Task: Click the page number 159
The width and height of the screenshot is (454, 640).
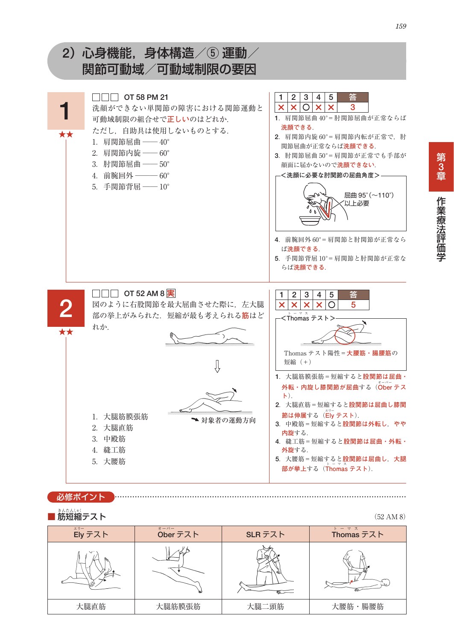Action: [x=401, y=26]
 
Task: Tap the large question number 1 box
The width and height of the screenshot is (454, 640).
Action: [x=66, y=111]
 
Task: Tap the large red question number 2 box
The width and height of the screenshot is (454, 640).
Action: [x=66, y=308]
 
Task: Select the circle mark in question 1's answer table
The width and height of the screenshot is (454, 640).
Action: [x=306, y=108]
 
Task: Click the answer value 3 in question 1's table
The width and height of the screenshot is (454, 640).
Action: [x=353, y=108]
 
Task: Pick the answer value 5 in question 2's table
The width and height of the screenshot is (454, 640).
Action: [x=353, y=305]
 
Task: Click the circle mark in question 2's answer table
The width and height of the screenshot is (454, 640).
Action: [x=331, y=305]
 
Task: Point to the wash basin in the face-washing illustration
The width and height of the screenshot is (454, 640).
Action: [x=310, y=220]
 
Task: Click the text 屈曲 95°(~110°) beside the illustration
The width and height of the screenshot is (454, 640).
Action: [x=369, y=195]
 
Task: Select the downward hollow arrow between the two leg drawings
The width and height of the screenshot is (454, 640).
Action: [x=217, y=366]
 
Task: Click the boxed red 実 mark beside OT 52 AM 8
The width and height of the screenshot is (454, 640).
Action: [x=171, y=294]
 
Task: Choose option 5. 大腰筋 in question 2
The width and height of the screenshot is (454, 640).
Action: [x=109, y=462]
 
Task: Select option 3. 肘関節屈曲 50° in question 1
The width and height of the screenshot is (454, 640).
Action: [x=131, y=164]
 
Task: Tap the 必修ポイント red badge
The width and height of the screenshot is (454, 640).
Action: [x=81, y=497]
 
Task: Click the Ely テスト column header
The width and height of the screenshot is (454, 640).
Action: [x=91, y=535]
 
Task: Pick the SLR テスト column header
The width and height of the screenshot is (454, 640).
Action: [x=265, y=535]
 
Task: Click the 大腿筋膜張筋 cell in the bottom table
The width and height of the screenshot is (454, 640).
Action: [x=178, y=607]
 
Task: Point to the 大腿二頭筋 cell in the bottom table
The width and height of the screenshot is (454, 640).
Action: [x=265, y=607]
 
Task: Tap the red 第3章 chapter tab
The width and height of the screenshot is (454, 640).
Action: [x=441, y=167]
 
